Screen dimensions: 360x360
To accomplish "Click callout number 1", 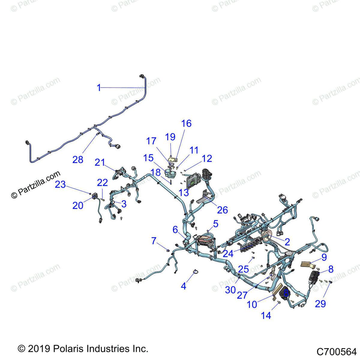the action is (99, 88).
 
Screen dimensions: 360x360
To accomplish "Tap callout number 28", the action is (78, 159).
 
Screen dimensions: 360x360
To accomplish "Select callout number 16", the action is (186, 123).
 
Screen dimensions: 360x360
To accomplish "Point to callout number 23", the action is (60, 184).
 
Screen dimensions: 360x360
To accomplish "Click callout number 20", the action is (78, 205).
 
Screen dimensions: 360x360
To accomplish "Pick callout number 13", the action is (184, 193).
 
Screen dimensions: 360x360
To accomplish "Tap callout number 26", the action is (222, 210).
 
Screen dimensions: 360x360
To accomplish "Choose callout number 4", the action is (184, 286).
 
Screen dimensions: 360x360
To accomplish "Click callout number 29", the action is (320, 304).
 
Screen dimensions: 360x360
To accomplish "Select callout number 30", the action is (230, 290).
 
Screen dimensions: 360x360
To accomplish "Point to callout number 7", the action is (154, 241).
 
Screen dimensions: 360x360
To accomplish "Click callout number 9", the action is (324, 257).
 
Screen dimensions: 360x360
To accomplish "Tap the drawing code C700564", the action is (336, 351).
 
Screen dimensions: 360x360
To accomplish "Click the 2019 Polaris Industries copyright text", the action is (83, 349).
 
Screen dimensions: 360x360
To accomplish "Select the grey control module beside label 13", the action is (193, 180).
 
